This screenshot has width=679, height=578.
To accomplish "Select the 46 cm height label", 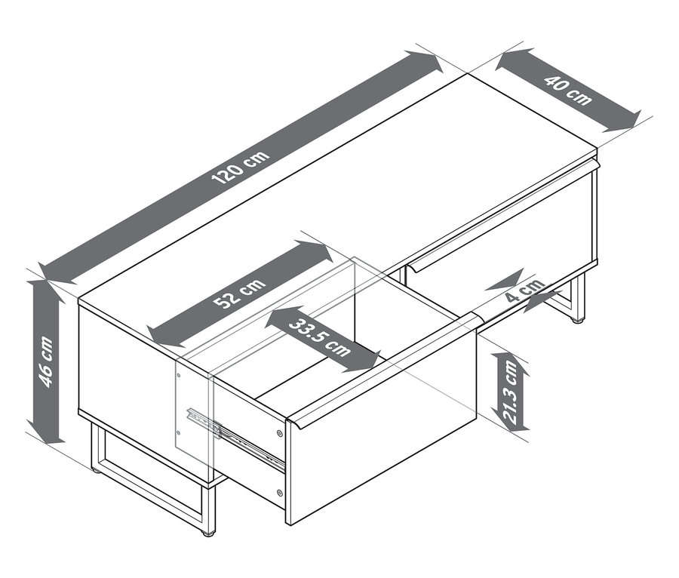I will (x=46, y=362).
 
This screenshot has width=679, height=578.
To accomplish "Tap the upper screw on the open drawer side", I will (x=280, y=433).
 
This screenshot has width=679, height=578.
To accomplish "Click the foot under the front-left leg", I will (x=207, y=533).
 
